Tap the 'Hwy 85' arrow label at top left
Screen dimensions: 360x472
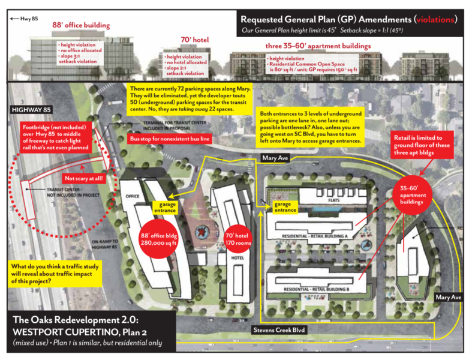click(x=23, y=19)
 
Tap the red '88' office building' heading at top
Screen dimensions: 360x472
click(x=81, y=26)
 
